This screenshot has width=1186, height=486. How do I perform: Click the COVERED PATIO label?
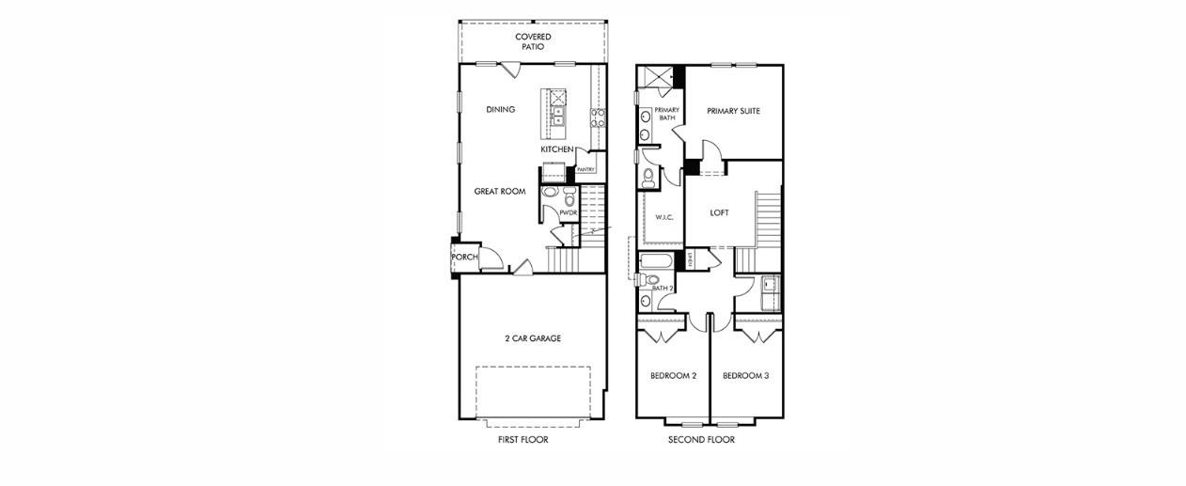coord(533,41)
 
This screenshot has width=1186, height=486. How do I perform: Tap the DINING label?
coord(501,110)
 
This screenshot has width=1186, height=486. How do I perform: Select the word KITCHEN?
coord(556,149)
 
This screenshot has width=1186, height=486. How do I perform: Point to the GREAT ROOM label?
coord(499,191)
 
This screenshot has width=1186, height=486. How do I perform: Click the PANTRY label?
coord(585,170)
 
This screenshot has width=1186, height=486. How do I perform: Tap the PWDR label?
coord(568,212)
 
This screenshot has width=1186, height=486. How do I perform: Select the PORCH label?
coord(464,257)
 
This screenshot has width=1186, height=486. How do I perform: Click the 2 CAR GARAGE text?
coord(532,338)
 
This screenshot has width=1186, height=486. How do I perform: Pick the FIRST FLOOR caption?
coord(523,439)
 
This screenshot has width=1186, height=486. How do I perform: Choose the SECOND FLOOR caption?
coord(701,439)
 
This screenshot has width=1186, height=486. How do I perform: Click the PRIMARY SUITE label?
coord(733,111)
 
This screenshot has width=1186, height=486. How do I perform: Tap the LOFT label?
coord(719,212)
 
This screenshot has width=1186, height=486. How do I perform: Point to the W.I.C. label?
coord(663,217)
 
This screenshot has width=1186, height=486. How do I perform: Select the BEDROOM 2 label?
coord(673,376)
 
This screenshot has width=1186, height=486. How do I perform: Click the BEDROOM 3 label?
coord(746,376)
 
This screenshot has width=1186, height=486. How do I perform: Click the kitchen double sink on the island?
coord(558,117)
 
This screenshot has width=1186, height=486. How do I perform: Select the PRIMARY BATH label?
coord(666,114)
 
